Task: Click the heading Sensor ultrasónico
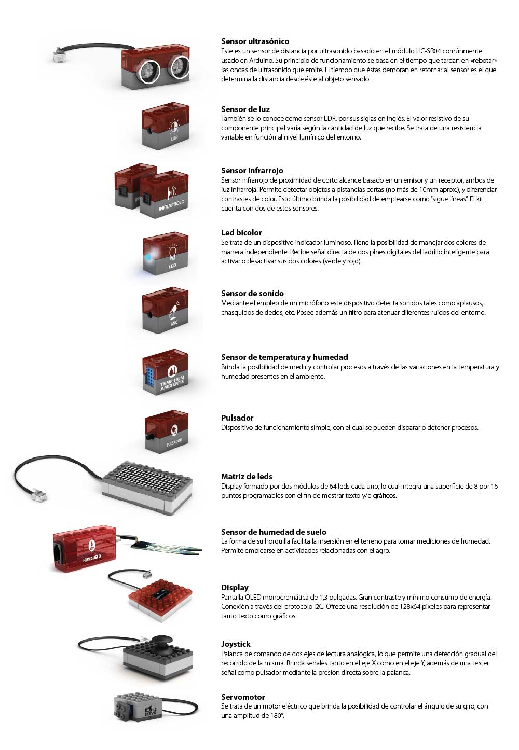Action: pos(255,41)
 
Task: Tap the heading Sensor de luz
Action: pos(245,109)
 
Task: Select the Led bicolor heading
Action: pos(241,233)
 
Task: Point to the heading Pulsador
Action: pos(237,418)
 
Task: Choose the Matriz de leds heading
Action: pos(247,477)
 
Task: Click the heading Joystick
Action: pos(236,644)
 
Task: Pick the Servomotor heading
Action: pos(243,697)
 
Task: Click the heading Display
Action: pos(235,588)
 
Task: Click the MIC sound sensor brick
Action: pos(166,311)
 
